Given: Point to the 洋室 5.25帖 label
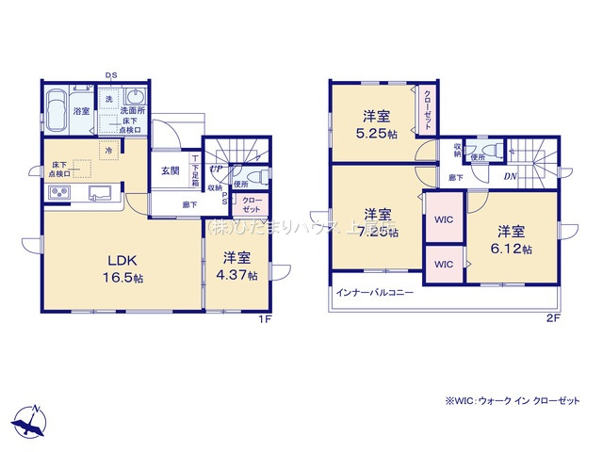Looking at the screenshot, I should [x=377, y=126].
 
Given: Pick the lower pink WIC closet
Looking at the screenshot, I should [x=443, y=265].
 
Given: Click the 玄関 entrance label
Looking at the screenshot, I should [x=170, y=170].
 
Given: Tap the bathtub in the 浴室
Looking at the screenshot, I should [x=56, y=102].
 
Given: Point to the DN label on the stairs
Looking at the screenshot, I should [x=509, y=176].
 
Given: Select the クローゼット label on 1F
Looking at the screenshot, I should [x=253, y=204].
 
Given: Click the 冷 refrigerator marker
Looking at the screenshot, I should [x=108, y=151].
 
